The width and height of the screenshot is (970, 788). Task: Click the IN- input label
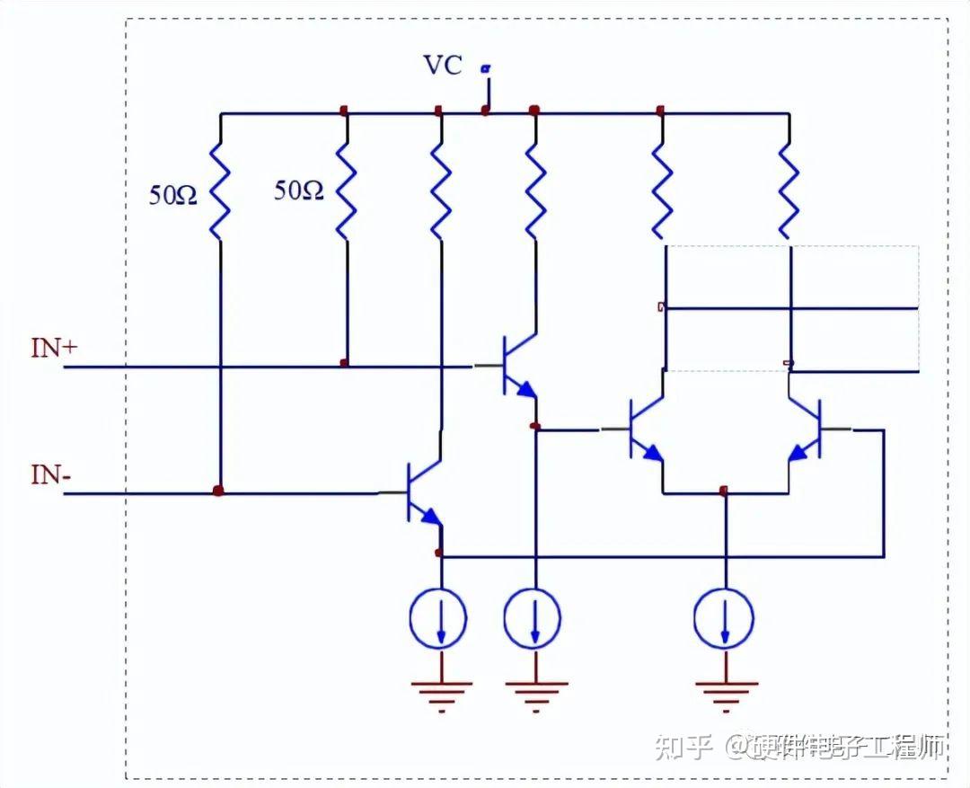(50, 474)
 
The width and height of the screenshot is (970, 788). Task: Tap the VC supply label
(443, 65)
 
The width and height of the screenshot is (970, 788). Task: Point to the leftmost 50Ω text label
(173, 194)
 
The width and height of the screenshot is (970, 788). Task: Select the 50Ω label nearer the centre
(298, 190)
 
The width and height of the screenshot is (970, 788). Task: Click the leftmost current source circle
(439, 617)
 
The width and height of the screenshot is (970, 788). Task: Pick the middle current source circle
(533, 617)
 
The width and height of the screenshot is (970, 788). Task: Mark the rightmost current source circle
(725, 617)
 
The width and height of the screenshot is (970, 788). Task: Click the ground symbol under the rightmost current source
(725, 693)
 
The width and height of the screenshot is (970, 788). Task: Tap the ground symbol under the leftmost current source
(440, 693)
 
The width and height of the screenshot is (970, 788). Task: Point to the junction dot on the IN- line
(217, 491)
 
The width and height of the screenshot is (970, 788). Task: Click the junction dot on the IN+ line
(344, 364)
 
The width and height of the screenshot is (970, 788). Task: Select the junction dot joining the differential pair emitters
(724, 491)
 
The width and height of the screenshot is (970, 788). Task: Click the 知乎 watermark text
(683, 746)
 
